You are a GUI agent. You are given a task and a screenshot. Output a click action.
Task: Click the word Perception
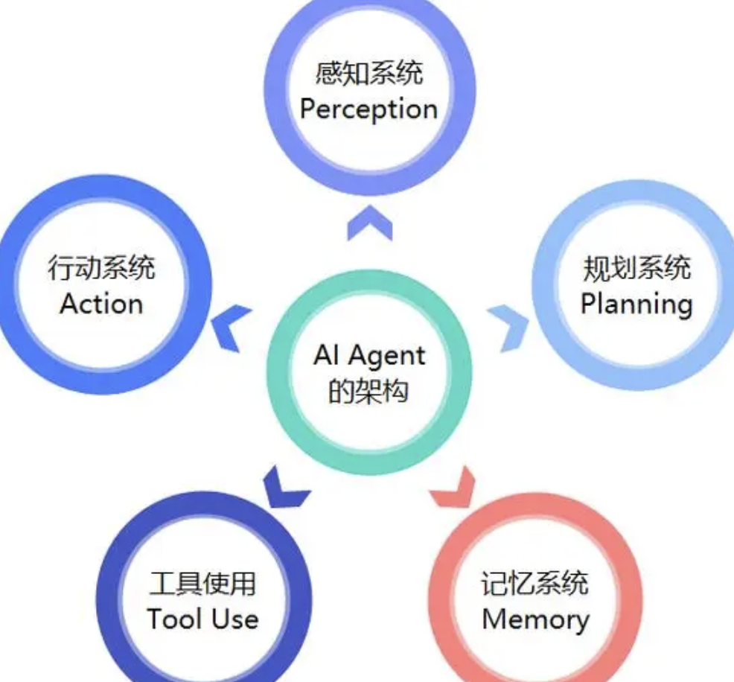(368, 110)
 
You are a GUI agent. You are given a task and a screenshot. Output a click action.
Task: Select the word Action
(102, 304)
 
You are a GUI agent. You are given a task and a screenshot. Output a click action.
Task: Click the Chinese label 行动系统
(102, 267)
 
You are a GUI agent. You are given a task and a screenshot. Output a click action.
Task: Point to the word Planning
(636, 304)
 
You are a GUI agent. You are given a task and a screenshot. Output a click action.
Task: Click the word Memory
(535, 619)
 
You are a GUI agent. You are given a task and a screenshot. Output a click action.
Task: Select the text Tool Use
(202, 619)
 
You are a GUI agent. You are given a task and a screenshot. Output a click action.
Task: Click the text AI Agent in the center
(369, 355)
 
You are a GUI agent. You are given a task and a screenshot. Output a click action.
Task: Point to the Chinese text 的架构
(369, 391)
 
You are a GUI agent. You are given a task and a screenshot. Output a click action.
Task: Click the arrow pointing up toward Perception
(369, 223)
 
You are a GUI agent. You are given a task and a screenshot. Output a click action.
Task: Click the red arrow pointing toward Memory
(456, 488)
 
